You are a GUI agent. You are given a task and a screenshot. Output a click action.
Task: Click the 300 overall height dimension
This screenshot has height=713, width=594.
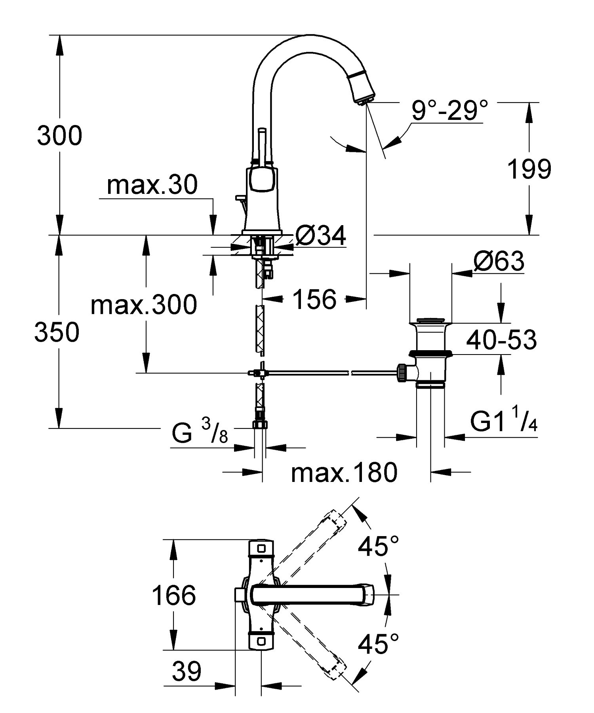pyautogui.click(x=59, y=136)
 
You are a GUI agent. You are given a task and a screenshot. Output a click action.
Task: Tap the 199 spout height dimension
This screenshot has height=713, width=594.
pyautogui.click(x=529, y=169)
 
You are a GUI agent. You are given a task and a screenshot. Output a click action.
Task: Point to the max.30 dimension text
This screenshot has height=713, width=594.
pyautogui.click(x=152, y=185)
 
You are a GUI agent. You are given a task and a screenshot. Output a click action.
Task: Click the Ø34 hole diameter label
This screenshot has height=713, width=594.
pyautogui.click(x=321, y=237)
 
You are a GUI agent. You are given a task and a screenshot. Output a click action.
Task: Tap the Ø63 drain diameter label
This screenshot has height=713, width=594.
pyautogui.click(x=499, y=262)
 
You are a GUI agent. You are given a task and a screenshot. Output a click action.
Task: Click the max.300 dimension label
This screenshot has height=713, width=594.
pyautogui.click(x=143, y=305)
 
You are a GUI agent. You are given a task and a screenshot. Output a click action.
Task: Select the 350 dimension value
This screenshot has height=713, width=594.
pyautogui.click(x=57, y=332)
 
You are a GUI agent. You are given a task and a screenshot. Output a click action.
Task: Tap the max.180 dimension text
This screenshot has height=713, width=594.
pyautogui.click(x=344, y=472)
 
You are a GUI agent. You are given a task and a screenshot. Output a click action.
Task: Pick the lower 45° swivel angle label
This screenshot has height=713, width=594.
pyautogui.click(x=378, y=644)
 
